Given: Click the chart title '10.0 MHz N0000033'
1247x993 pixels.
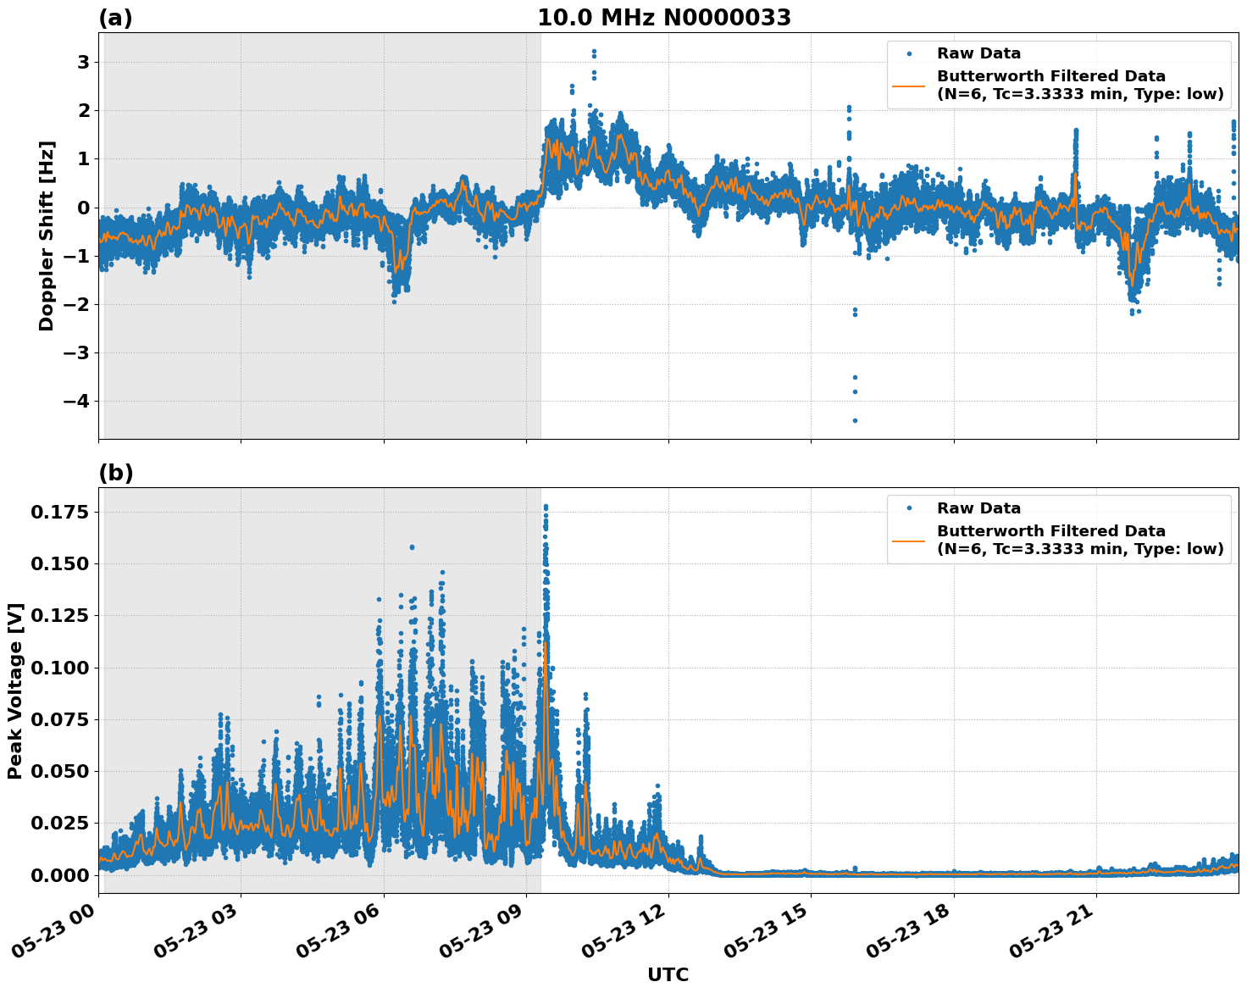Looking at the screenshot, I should coord(664,18).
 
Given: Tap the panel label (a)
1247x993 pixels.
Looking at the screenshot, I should coord(115,18).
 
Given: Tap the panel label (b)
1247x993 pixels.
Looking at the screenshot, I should coord(115,473).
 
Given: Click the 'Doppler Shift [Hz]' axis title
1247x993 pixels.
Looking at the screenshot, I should coord(47,236).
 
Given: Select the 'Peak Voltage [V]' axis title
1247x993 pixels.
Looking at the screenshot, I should coord(15,691).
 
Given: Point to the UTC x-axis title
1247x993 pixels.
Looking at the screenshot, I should coord(668,974).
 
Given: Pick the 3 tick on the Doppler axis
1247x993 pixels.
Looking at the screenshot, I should coord(83,63).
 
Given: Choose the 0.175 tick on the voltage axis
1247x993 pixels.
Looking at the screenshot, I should coord(59,512).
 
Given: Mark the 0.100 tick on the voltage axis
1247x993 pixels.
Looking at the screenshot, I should coord(59,668).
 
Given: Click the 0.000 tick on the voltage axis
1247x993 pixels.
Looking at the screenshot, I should coord(59,875).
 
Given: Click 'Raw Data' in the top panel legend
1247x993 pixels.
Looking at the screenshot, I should coord(978,53).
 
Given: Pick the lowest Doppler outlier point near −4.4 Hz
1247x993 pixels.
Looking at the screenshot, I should coord(855,420).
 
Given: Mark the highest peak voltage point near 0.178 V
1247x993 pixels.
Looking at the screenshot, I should coord(546,507).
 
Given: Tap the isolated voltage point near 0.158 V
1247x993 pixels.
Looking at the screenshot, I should coord(412,547).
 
